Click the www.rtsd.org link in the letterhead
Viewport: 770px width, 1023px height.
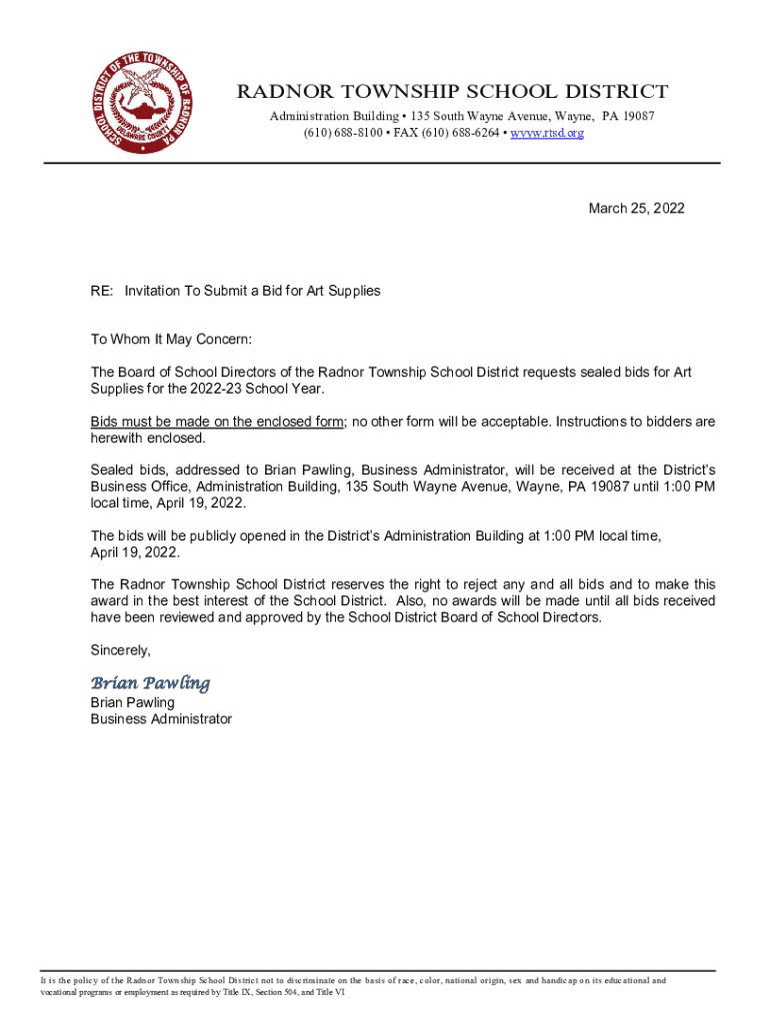547,133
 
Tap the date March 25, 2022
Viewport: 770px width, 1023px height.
636,208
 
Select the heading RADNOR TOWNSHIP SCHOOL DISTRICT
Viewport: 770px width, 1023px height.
452,93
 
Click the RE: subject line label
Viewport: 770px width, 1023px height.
101,291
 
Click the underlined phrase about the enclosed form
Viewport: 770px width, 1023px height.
217,422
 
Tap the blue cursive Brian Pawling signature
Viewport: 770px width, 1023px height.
150,683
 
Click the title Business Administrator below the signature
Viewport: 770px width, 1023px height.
161,718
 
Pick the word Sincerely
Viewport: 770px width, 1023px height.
120,650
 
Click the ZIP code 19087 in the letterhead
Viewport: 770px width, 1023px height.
637,117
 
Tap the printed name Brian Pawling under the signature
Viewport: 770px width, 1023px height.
132,702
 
